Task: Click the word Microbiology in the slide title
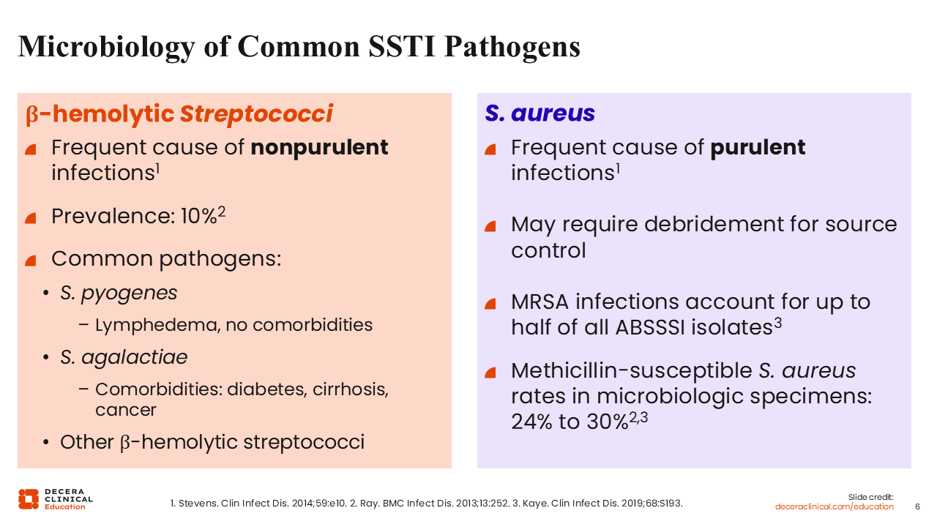click(x=106, y=47)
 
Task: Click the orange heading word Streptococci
click(x=256, y=113)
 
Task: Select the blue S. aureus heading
click(x=540, y=113)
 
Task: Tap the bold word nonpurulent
click(x=319, y=148)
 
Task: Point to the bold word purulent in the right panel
click(x=758, y=148)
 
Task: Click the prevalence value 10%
click(x=198, y=216)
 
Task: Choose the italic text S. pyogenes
click(x=119, y=294)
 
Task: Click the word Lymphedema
click(x=157, y=326)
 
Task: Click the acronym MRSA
click(x=540, y=302)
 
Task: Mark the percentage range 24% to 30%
click(x=570, y=422)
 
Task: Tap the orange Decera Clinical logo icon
click(x=29, y=499)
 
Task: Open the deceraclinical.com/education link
click(x=834, y=507)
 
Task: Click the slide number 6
click(x=917, y=507)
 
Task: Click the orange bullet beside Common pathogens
click(x=31, y=261)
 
